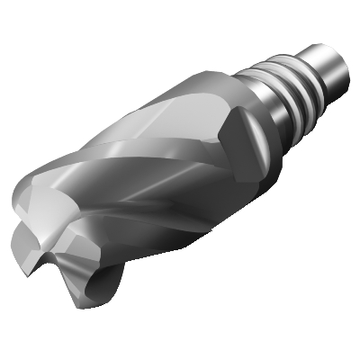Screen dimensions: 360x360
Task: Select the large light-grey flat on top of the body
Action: coord(171,117)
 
